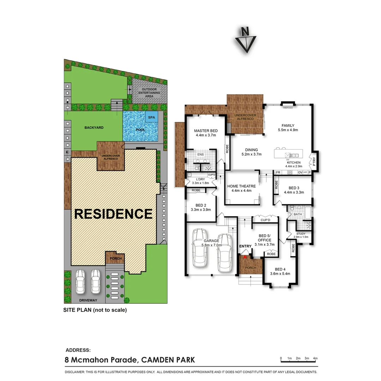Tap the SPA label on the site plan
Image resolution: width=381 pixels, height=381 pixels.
tap(152, 117)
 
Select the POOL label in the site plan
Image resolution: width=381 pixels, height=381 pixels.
tap(140, 130)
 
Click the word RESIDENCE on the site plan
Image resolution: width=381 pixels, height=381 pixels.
tap(113, 214)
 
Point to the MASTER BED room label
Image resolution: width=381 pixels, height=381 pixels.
tap(206, 131)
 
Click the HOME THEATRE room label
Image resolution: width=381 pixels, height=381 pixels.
tap(241, 186)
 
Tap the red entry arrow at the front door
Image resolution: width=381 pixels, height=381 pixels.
tap(245, 257)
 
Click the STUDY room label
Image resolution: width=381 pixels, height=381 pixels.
tap(301, 234)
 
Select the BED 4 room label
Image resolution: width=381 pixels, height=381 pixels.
tap(280, 268)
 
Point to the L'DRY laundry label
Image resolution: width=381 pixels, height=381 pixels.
tap(200, 179)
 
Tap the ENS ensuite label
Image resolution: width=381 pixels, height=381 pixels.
tap(200, 155)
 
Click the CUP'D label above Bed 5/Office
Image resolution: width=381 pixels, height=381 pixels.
tap(265, 220)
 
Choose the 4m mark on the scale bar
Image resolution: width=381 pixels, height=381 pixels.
tap(315, 358)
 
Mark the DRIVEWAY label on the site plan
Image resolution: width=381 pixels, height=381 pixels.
tap(88, 300)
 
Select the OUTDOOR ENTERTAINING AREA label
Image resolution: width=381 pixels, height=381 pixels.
tap(149, 93)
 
